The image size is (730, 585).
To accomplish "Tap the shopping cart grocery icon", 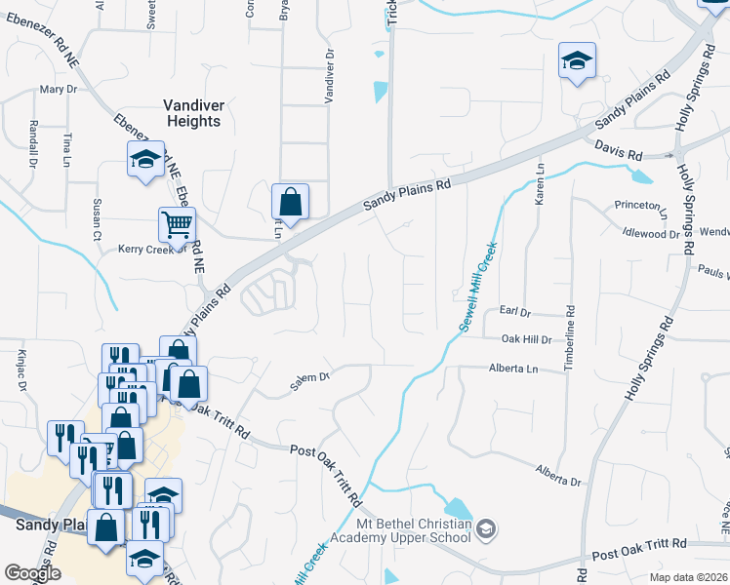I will pos(177,224).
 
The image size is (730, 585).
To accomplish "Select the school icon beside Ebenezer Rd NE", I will pos(146,158).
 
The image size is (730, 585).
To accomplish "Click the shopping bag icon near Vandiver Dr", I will pos(291,202).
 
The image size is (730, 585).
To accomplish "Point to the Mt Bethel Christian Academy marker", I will pos(487,529).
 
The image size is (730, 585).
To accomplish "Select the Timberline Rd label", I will pos(568,339).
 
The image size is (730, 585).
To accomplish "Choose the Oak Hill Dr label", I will pos(526,339).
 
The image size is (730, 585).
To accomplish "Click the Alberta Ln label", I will pos(512,369).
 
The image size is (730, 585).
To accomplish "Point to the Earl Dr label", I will pos(513,313).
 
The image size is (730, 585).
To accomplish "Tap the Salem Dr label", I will pos(311,381).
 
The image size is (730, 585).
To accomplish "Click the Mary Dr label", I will pos(58,90).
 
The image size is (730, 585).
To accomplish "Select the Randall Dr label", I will pos(33,143).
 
